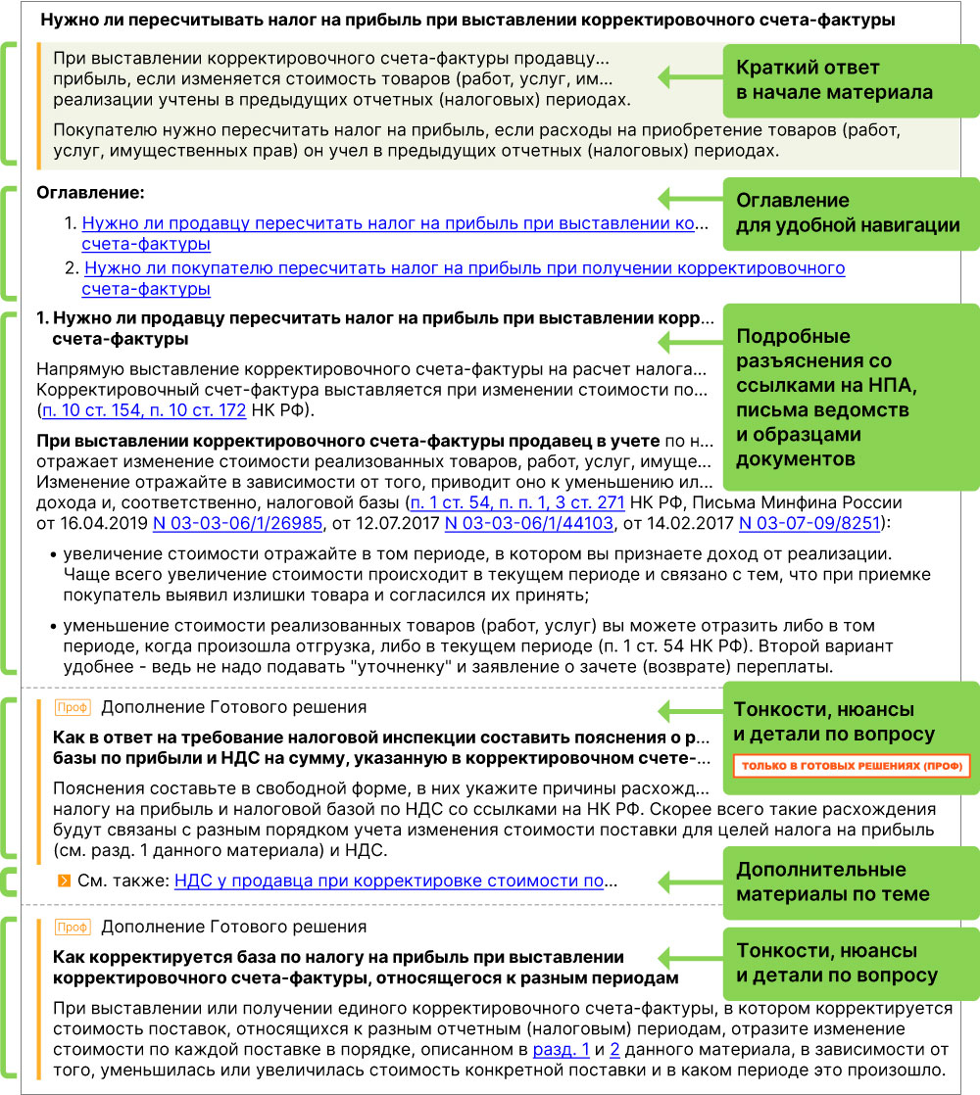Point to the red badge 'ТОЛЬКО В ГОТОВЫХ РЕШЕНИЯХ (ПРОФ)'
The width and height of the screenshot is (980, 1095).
point(850,765)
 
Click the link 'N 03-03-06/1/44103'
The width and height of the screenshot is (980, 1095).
point(529,523)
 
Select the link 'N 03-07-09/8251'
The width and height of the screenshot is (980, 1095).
point(809,523)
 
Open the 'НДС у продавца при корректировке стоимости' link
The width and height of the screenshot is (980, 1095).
point(389,881)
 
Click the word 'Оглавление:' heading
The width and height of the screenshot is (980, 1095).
point(89,193)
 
